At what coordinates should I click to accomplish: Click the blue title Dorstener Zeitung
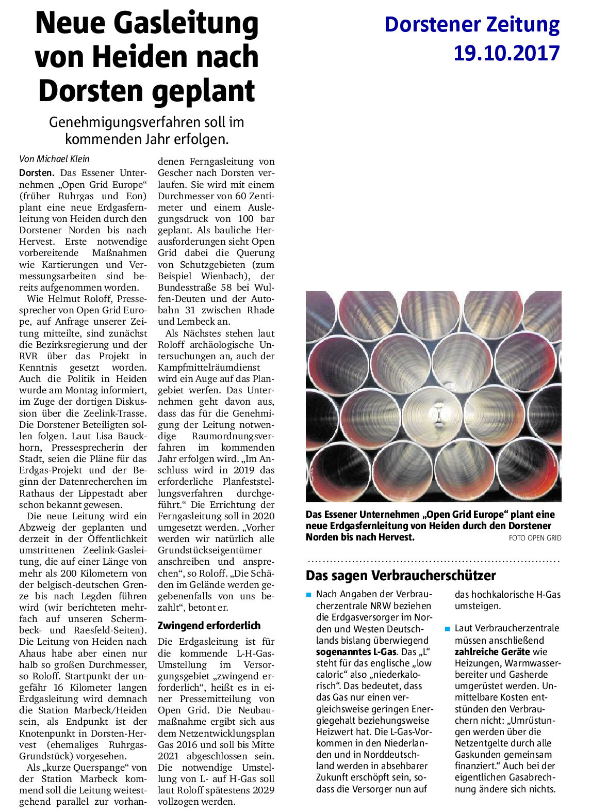click(471, 25)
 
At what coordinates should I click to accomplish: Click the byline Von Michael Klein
click(54, 159)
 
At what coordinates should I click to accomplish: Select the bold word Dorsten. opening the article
click(37, 173)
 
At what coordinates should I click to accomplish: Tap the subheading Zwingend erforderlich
click(209, 626)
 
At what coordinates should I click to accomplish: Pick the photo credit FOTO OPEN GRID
click(535, 538)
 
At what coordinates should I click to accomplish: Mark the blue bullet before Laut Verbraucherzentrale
click(447, 629)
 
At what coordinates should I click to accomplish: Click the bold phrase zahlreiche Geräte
click(492, 651)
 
